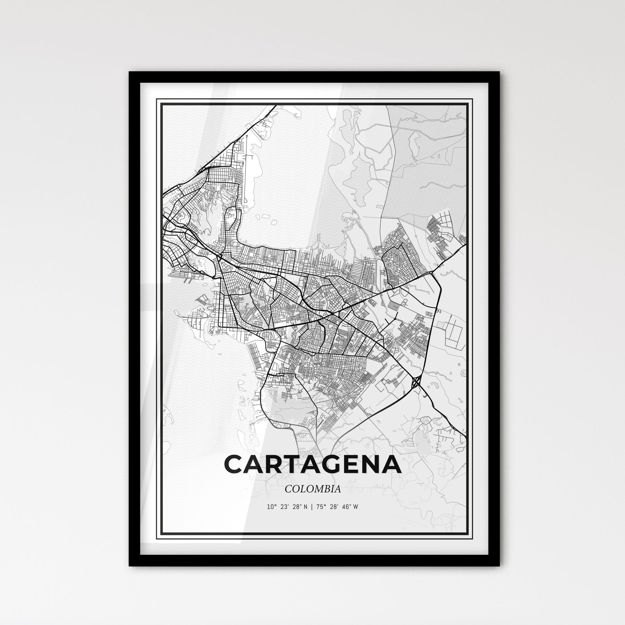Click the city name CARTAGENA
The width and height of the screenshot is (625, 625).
[x=312, y=464]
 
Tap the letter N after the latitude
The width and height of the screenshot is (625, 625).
[x=304, y=507]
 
